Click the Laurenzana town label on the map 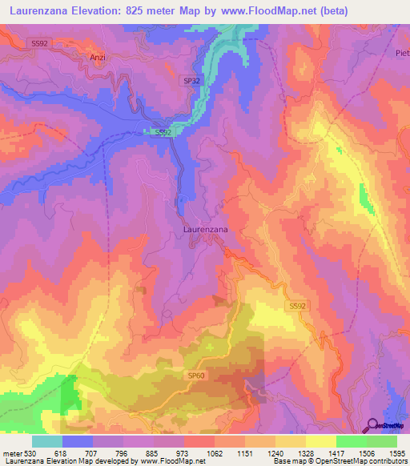(x=206, y=229)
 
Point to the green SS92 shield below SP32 (x=163, y=132)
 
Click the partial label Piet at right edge (x=402, y=53)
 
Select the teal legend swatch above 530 (x=47, y=442)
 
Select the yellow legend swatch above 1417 (x=320, y=442)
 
